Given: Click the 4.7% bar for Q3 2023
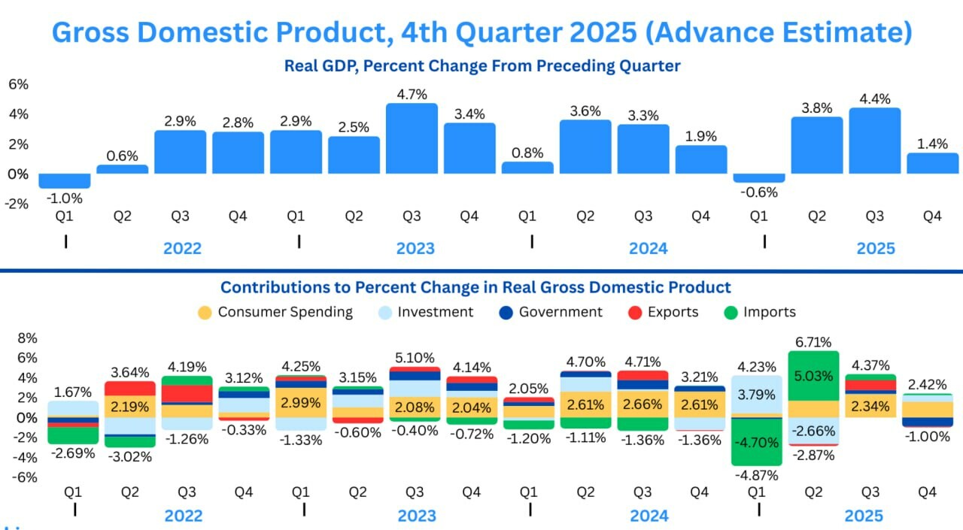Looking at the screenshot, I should pos(412,139).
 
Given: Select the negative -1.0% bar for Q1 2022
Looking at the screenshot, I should pos(65,181).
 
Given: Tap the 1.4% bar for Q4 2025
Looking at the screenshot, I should pos(932,164).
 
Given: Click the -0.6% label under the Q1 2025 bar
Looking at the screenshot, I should pos(759,192).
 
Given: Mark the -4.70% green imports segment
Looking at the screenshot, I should pos(756,442).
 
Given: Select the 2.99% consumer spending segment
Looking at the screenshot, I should pos(300,403).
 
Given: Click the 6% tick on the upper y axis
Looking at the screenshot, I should pos(18,84).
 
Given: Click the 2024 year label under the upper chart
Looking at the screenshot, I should pos(647,248).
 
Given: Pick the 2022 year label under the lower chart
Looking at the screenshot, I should pos(183,516).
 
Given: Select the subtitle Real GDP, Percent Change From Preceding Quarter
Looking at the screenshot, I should pos(481,66).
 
